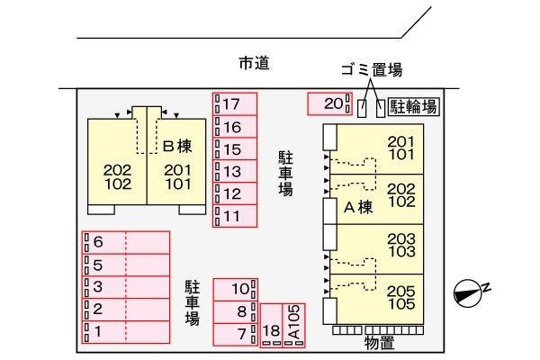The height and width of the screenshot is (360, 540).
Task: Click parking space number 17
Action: (x=235, y=103)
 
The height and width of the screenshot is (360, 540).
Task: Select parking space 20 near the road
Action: (x=330, y=103)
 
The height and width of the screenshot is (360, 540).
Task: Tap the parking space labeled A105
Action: (x=293, y=325)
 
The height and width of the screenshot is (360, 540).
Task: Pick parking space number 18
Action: (x=272, y=325)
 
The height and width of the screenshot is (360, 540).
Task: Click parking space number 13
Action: (x=235, y=171)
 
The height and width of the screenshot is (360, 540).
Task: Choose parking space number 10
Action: (x=236, y=290)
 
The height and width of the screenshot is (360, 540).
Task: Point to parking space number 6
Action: (x=126, y=242)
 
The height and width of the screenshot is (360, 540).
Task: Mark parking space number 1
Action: (x=126, y=332)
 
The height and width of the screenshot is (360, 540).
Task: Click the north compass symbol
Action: (x=469, y=292)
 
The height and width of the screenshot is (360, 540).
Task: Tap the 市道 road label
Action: (x=254, y=63)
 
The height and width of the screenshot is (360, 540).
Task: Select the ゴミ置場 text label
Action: (x=372, y=70)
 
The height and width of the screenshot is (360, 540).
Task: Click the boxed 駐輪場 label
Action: (x=414, y=106)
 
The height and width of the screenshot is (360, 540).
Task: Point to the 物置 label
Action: (x=379, y=342)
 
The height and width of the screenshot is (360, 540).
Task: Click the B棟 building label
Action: (x=177, y=146)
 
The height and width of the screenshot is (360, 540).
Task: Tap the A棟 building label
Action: (x=358, y=207)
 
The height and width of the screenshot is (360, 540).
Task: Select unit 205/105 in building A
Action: (x=377, y=299)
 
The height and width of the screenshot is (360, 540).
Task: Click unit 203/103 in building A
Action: (x=377, y=249)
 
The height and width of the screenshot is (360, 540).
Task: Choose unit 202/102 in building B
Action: (x=117, y=162)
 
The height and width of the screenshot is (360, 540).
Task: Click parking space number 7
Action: (x=236, y=334)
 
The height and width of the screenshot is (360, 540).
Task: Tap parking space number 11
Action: (x=235, y=216)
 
